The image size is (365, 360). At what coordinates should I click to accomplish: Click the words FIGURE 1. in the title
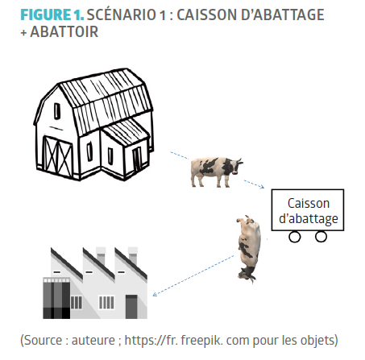click(52, 14)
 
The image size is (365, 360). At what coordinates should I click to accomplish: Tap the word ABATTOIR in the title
click(64, 32)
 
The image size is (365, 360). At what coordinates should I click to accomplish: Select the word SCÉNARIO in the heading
click(122, 14)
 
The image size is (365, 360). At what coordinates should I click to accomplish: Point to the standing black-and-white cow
click(216, 172)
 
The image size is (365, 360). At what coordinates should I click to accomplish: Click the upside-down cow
click(249, 249)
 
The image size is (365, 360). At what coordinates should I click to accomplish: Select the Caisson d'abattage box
click(308, 210)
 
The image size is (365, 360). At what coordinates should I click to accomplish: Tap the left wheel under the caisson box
click(295, 237)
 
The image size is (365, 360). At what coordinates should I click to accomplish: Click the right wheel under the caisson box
click(321, 237)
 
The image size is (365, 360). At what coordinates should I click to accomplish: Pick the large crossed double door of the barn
click(57, 157)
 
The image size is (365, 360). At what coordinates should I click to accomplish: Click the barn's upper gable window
click(57, 111)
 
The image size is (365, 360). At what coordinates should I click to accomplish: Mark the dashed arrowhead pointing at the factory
click(156, 294)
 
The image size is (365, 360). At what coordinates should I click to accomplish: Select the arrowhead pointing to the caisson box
click(262, 187)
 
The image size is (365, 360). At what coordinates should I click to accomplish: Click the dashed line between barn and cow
click(180, 155)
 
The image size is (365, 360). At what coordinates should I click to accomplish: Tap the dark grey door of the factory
click(131, 307)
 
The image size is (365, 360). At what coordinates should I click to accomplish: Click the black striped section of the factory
click(56, 299)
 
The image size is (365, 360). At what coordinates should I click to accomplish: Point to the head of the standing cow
click(235, 165)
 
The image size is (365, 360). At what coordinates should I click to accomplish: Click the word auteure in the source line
click(93, 341)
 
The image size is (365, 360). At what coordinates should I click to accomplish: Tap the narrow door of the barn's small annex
click(137, 160)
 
